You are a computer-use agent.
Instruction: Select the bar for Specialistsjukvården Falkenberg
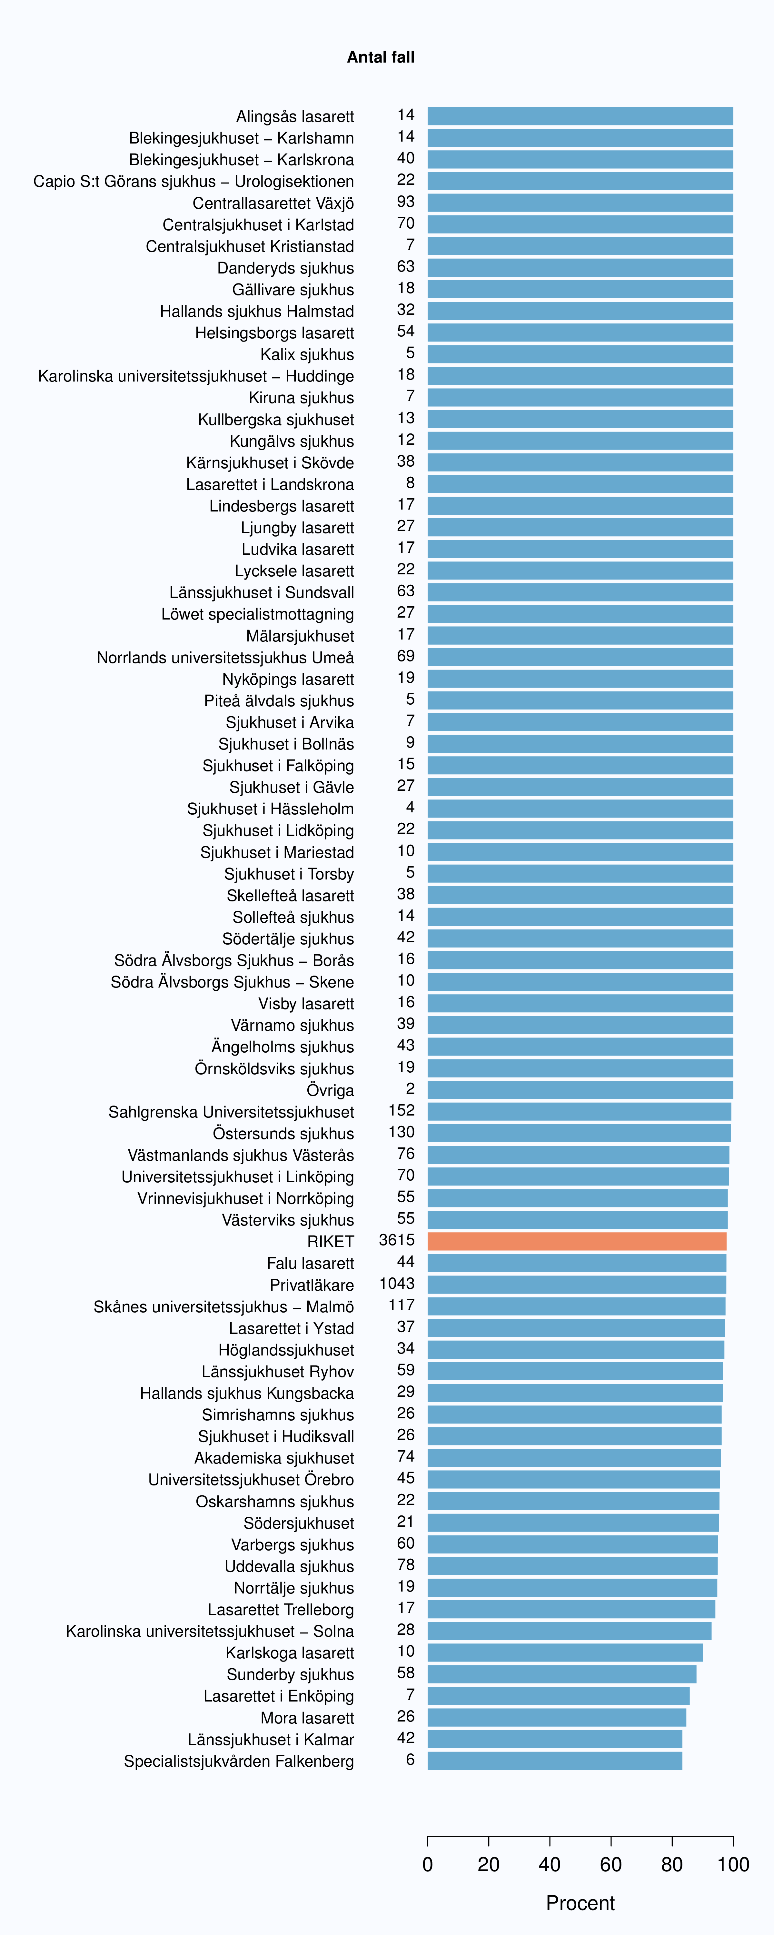tap(555, 1761)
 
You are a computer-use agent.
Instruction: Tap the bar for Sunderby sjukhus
tap(562, 1674)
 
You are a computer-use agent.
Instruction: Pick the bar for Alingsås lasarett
tap(580, 116)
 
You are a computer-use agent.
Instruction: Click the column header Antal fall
tap(381, 57)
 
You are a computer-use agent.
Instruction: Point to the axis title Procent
tap(580, 1903)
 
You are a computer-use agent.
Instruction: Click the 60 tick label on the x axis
tap(611, 1864)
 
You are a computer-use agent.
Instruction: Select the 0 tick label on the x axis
tap(428, 1864)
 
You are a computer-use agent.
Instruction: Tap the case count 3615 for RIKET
tap(397, 1240)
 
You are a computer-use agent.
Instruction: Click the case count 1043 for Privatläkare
tap(397, 1284)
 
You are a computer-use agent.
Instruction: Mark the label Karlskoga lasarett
tap(290, 1652)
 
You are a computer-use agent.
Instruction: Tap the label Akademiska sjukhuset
tap(274, 1458)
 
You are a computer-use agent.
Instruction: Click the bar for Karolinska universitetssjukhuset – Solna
tap(570, 1631)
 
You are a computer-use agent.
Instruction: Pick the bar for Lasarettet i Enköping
tap(558, 1696)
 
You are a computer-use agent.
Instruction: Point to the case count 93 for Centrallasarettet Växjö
tap(406, 201)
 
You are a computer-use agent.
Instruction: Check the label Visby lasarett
tap(307, 1004)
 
